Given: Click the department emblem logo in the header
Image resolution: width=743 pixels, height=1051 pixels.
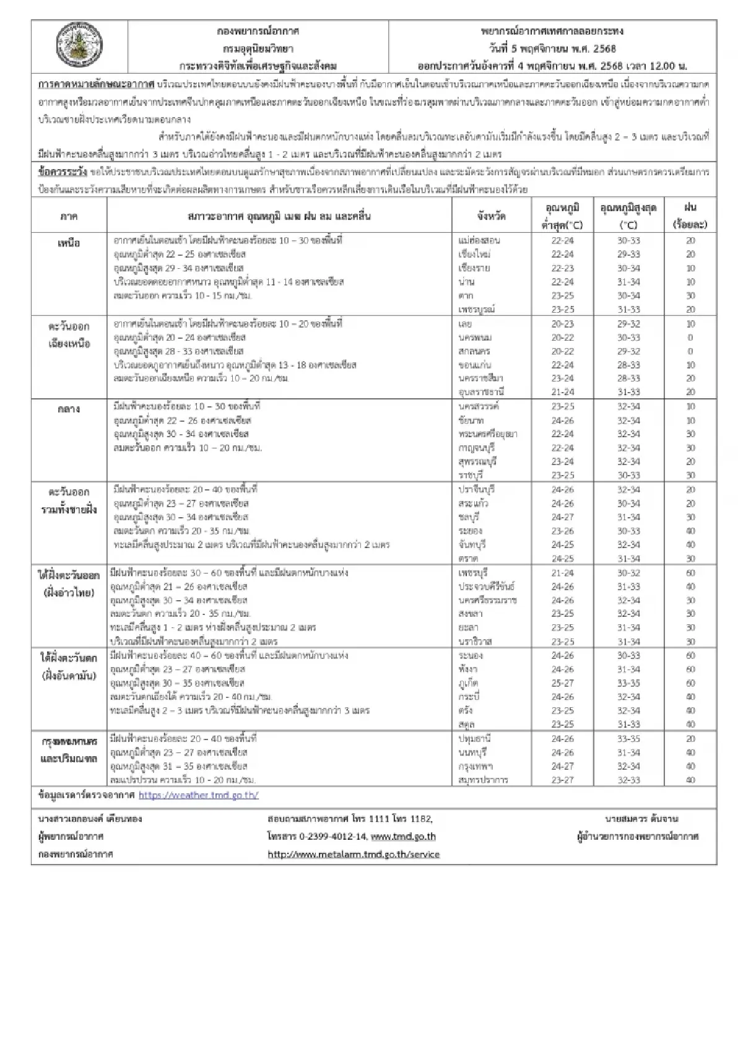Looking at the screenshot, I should [80, 48].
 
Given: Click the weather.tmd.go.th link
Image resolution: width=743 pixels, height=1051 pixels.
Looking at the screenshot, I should [198, 795].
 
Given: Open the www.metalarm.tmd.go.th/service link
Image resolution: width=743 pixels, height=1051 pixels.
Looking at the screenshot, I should [354, 854].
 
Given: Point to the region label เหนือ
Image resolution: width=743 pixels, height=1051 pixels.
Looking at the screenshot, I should [69, 243].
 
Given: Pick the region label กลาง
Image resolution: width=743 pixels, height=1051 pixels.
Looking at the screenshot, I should [69, 409].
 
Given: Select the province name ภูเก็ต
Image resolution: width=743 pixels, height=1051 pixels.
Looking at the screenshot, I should [469, 683].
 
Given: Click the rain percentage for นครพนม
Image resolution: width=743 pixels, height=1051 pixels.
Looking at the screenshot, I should [690, 338].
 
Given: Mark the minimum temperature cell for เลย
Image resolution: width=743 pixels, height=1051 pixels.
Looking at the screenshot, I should [562, 324].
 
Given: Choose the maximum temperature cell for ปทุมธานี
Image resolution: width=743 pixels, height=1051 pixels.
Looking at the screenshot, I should [628, 739].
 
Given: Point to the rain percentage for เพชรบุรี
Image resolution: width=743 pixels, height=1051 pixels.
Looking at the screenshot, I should [690, 573].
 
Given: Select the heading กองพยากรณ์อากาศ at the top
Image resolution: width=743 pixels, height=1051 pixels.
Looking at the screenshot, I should [258, 31].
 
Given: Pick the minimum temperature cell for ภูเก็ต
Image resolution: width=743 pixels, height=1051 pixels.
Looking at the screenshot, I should [562, 683].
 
